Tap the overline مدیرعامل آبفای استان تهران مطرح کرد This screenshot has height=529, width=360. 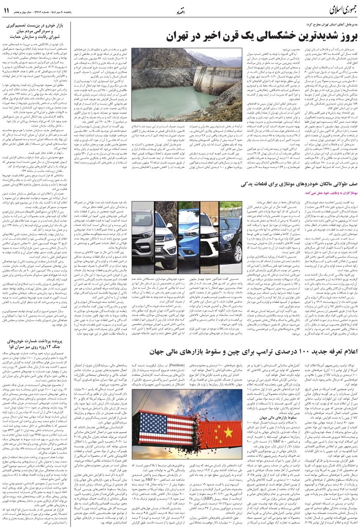326,25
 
